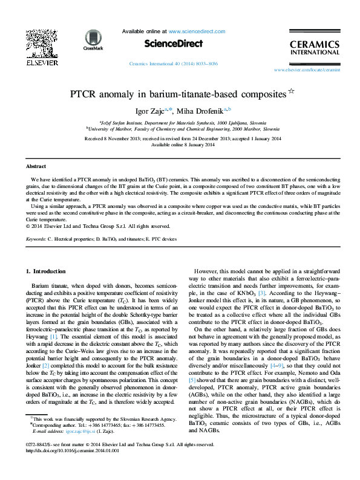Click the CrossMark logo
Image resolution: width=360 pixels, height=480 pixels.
click(93, 39)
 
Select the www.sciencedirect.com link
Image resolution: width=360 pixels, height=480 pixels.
click(197, 31)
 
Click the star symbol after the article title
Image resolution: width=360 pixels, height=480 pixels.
click(291, 92)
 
